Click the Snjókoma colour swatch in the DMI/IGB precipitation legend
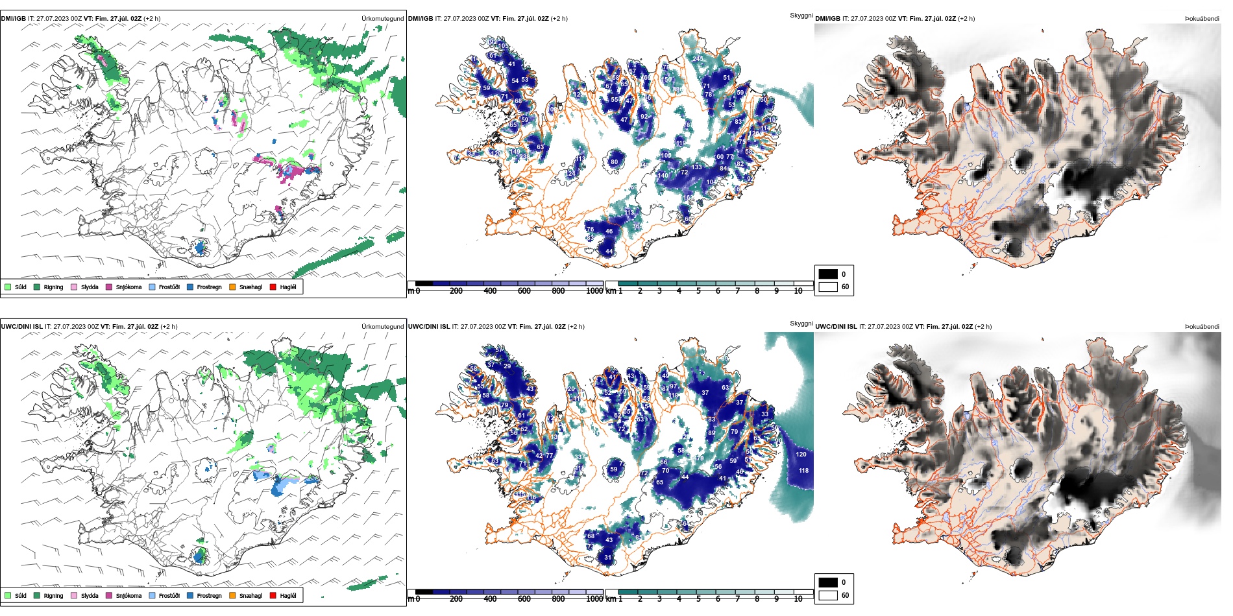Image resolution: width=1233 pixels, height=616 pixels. [x=109, y=287]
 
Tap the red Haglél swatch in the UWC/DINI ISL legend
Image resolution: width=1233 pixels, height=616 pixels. [x=273, y=595]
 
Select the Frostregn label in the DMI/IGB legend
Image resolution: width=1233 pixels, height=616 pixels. [x=209, y=287]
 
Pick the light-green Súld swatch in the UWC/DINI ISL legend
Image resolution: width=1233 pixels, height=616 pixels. [x=8, y=595]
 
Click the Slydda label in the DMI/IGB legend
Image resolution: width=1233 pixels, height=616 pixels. [x=90, y=287]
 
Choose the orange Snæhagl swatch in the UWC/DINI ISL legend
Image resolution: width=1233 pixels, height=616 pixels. [x=232, y=595]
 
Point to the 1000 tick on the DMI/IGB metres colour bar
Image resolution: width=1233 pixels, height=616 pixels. [x=594, y=291]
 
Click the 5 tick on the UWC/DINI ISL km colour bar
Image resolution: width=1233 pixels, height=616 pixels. [x=699, y=599]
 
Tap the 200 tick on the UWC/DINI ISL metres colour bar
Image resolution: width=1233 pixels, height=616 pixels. [x=456, y=599]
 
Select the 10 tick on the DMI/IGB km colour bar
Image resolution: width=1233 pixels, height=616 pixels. [x=798, y=291]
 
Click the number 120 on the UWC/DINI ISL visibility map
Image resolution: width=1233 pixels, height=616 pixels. [x=801, y=455]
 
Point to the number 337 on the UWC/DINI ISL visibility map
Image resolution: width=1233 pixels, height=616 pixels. [x=578, y=457]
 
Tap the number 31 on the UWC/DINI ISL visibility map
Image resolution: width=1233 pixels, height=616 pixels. [x=608, y=557]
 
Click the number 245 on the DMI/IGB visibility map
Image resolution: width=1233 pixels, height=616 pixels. [x=698, y=59]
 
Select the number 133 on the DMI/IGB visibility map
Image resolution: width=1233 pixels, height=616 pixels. [x=696, y=167]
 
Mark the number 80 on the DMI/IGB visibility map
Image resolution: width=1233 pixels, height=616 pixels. [x=614, y=162]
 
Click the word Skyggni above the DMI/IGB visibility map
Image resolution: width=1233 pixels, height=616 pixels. [x=801, y=16]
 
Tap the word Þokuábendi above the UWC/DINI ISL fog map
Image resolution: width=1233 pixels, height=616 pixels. [x=1202, y=327]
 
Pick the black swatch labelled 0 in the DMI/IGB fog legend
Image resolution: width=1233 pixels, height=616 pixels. [x=828, y=274]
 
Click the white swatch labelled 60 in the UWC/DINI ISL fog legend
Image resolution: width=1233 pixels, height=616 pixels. [x=828, y=595]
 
